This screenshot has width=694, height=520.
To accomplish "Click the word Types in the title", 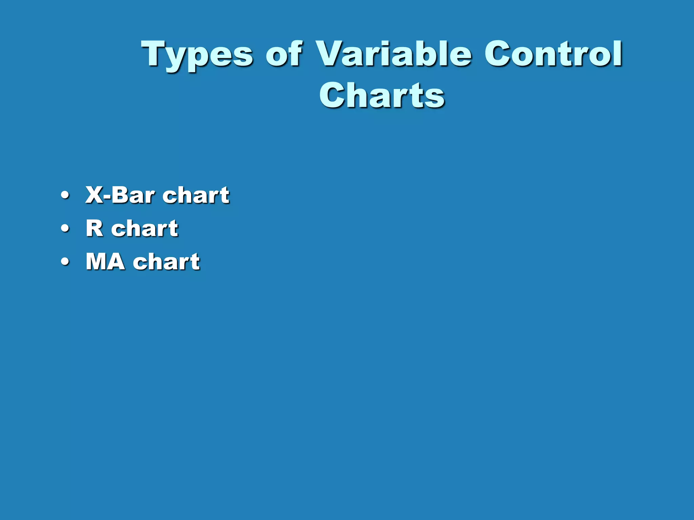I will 197,54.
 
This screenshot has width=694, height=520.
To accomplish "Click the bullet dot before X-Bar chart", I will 65,195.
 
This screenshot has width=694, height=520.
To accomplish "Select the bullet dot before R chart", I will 65,229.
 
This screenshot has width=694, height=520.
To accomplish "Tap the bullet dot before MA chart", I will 65,261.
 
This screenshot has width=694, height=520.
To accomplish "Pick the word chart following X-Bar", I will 196,195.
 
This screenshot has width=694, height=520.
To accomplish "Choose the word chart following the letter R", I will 145,229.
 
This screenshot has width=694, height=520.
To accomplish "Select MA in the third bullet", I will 105,261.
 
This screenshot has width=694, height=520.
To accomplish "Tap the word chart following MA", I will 166,261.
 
